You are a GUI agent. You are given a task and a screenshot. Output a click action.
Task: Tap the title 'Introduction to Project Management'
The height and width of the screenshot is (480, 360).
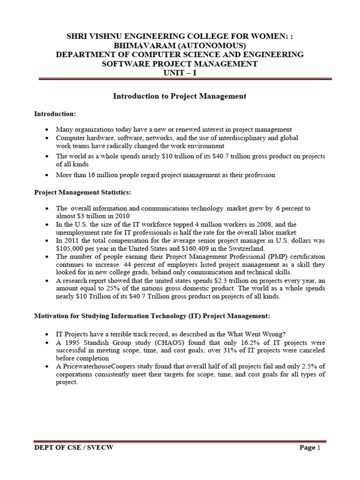tap(180, 96)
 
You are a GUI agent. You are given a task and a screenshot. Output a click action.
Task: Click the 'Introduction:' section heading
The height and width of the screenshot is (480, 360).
tap(55, 114)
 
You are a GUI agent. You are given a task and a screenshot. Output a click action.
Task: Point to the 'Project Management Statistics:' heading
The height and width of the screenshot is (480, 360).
tap(82, 192)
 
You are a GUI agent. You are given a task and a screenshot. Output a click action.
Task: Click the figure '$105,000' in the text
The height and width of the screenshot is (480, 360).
tap(71, 248)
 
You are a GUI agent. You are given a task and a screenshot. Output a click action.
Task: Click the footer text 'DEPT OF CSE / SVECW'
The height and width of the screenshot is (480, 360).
tap(74, 448)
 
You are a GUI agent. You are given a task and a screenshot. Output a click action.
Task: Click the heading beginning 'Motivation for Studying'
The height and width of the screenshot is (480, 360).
tap(152, 316)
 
